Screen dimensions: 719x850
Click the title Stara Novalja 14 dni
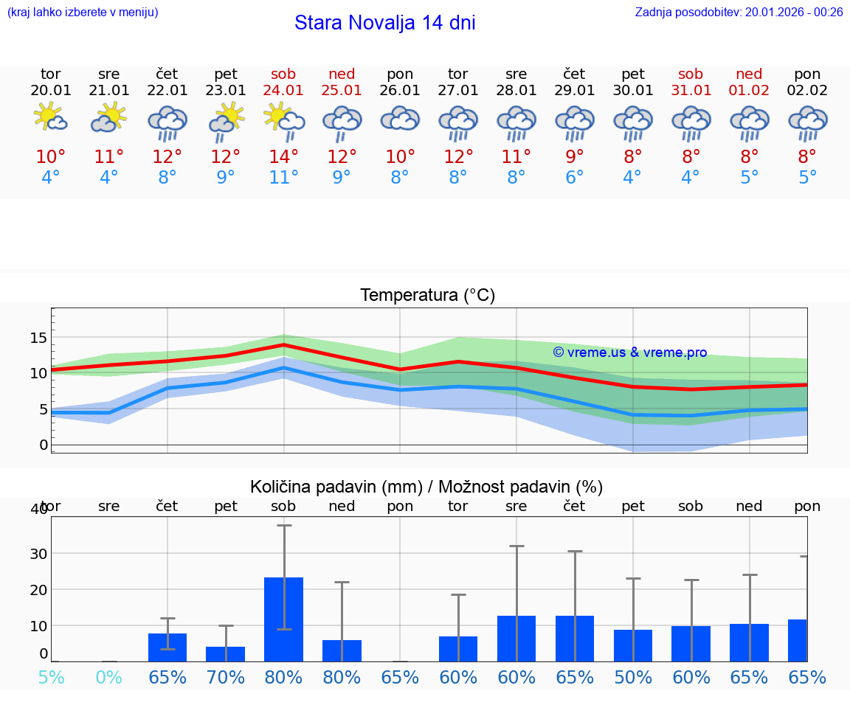[x=384, y=23]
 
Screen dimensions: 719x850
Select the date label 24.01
[x=283, y=90]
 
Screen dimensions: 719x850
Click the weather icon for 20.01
[x=51, y=119]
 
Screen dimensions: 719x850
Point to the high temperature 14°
[x=283, y=156]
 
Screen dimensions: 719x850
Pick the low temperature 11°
[x=283, y=178]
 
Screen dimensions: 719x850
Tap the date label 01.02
[x=749, y=90]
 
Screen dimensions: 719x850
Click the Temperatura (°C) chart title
[x=427, y=295]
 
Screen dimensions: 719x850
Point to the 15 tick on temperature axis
[x=38, y=338]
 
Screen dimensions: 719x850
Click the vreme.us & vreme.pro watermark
[x=629, y=352]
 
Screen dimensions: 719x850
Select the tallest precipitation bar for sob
[x=283, y=619]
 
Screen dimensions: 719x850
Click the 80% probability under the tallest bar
[x=283, y=677]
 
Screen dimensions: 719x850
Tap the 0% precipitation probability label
[x=109, y=677]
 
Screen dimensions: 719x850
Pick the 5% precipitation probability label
[x=51, y=677]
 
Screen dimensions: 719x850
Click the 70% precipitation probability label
[x=225, y=677]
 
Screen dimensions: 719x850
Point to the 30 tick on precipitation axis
[x=38, y=553]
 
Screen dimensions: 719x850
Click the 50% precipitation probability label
[x=633, y=677]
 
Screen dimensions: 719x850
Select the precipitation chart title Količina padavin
[x=426, y=487]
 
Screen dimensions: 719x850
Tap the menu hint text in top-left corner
[x=82, y=12]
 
